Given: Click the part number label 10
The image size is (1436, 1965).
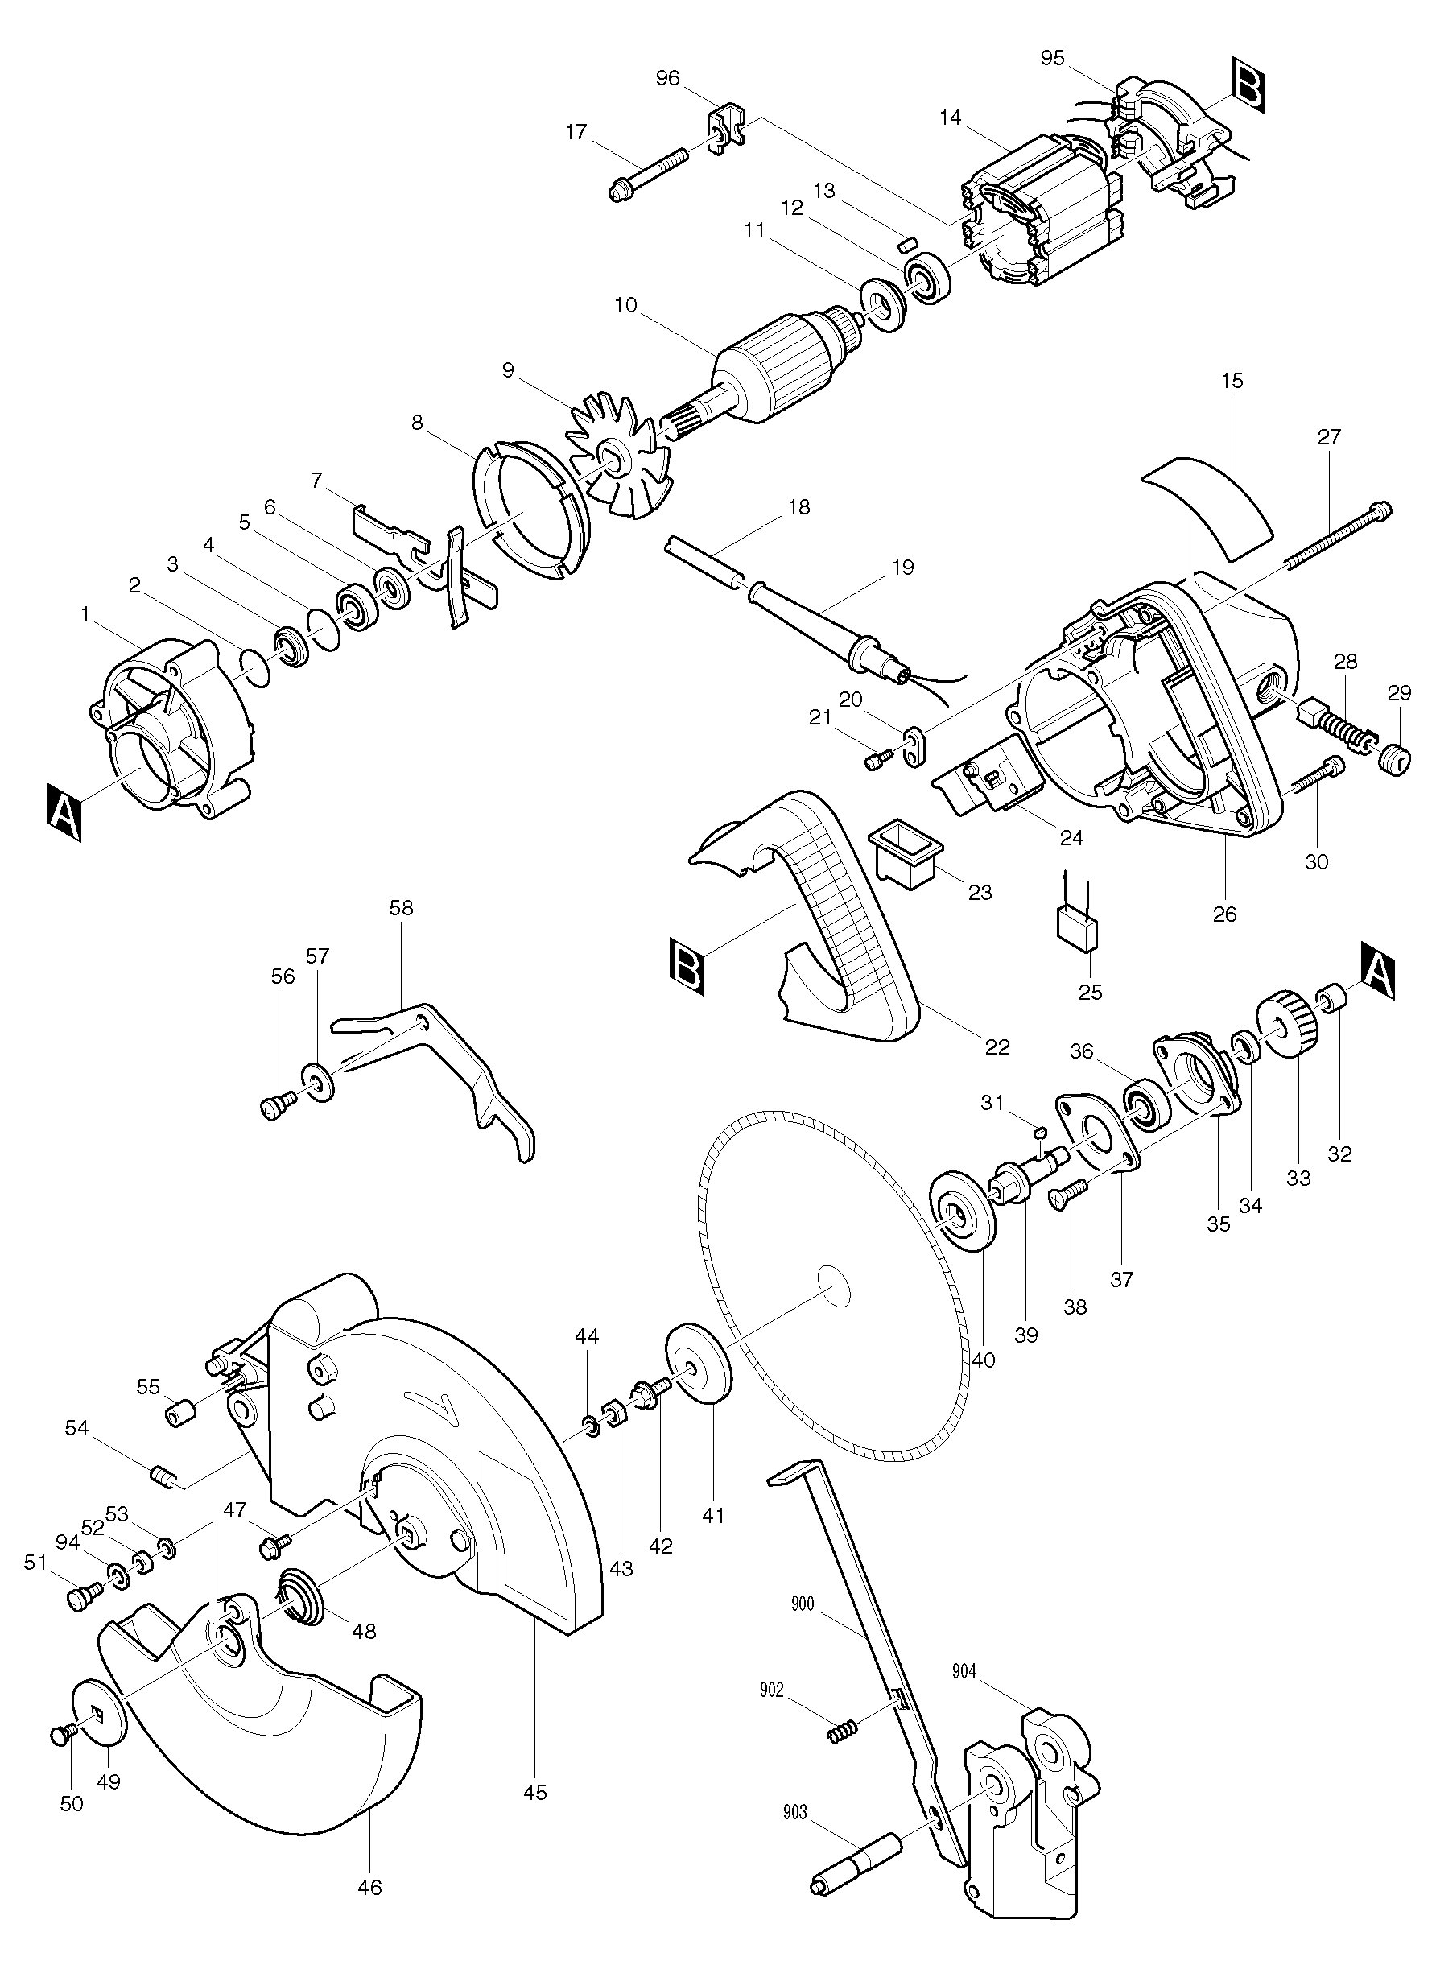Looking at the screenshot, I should click(624, 305).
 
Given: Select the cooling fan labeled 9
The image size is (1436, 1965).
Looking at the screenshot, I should click(618, 457).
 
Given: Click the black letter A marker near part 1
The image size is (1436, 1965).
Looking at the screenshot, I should click(65, 811).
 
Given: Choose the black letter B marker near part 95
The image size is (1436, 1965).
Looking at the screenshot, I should click(1248, 84).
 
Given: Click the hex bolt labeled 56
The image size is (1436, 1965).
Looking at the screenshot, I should click(275, 1104).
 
